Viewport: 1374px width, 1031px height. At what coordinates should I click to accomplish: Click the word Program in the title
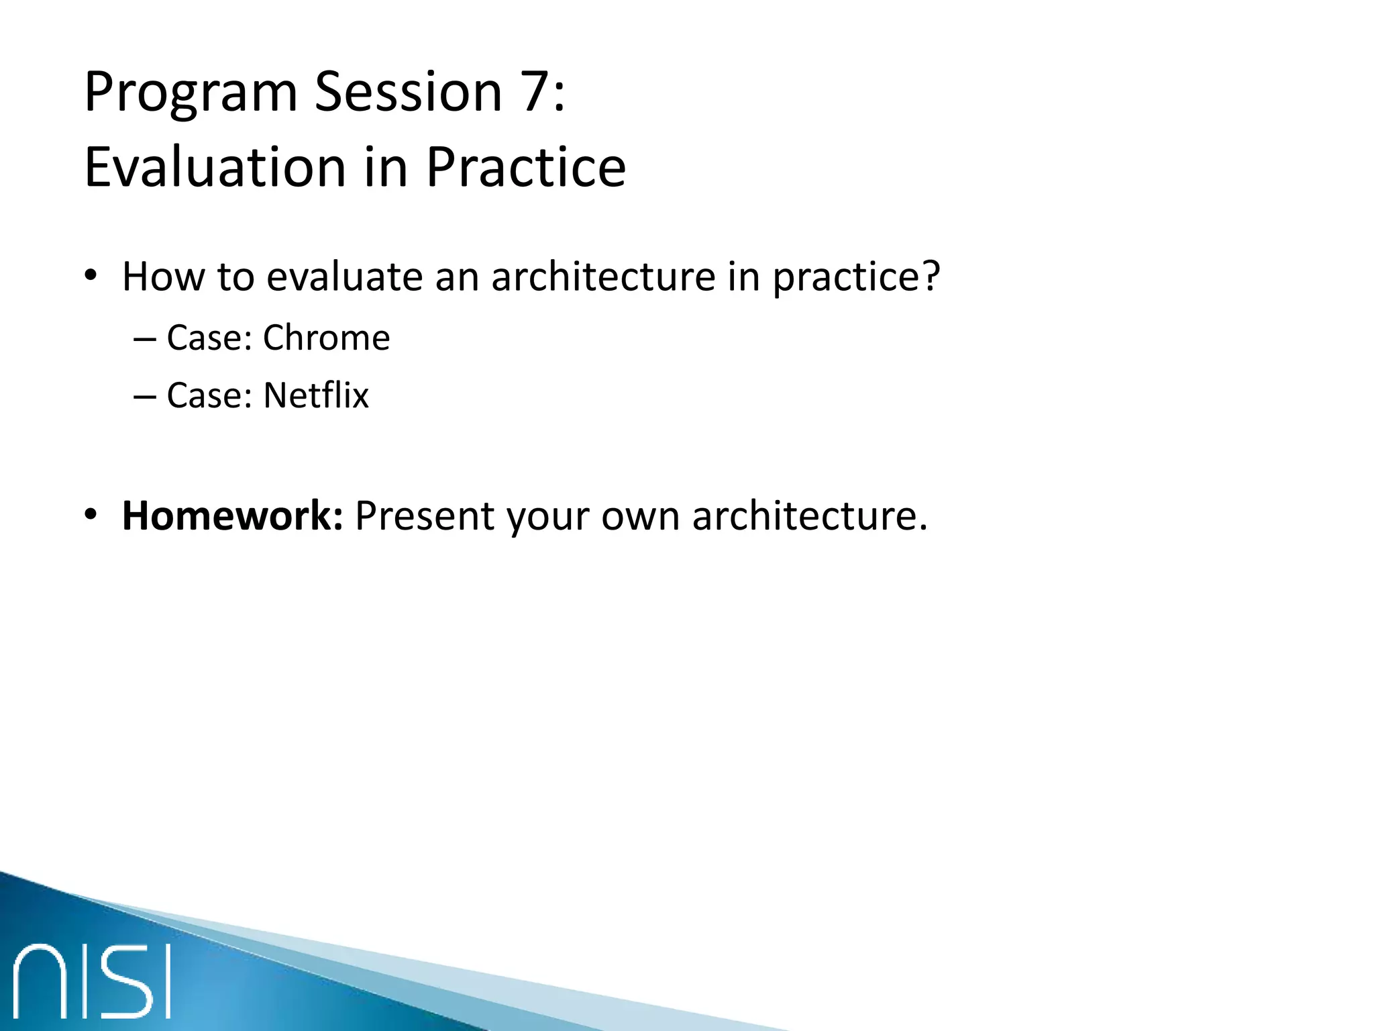(x=191, y=93)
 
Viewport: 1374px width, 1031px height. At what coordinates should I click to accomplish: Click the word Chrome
(x=326, y=338)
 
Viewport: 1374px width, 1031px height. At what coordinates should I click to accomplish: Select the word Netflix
(x=316, y=395)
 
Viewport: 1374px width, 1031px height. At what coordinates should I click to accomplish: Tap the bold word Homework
(x=232, y=516)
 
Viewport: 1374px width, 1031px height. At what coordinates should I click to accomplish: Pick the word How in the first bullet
(x=163, y=276)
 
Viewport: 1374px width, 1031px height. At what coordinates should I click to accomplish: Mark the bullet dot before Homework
(x=91, y=515)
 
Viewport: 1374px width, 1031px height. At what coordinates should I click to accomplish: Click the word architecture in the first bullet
(x=603, y=276)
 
